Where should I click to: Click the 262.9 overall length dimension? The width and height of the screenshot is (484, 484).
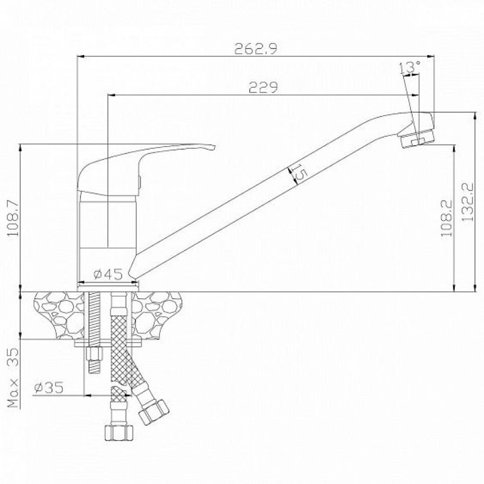click(256, 48)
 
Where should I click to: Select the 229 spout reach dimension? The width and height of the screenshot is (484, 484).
click(263, 87)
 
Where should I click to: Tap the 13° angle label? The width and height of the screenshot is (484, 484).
click(410, 68)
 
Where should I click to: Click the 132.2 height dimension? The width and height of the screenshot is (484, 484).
click(468, 201)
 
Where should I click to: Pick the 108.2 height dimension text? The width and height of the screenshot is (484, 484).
click(446, 218)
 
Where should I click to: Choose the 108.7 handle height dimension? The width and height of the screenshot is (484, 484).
click(13, 218)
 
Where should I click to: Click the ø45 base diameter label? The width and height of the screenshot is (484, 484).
click(108, 274)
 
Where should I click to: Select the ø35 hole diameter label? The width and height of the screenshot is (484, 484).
click(49, 387)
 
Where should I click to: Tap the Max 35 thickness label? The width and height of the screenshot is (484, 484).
click(13, 378)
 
